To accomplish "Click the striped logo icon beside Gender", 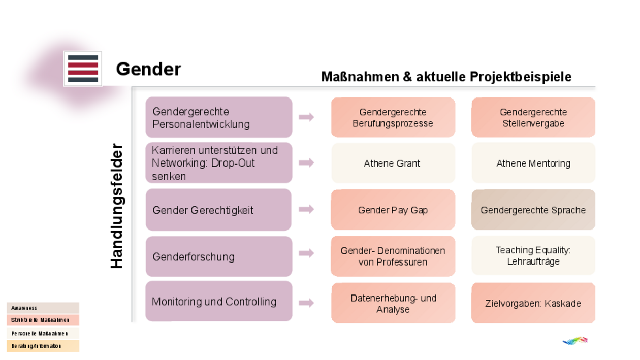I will coord(83,69).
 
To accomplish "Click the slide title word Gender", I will coord(148,69).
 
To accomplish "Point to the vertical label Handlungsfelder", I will coord(117,206).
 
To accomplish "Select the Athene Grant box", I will coord(393,163).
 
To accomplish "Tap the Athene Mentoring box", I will coord(533,163).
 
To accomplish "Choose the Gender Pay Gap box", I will coord(393,210).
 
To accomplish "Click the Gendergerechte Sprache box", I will coord(533,210).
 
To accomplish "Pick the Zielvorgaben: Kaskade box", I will coord(533,303).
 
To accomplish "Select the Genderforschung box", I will coord(219,256).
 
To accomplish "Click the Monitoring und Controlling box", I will coord(219,302).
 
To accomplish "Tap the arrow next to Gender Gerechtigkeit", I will coord(306,209).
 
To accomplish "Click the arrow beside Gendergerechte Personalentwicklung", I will coord(306,117).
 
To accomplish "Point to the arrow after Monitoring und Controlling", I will coord(306,303).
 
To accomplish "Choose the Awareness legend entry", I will coord(43,308).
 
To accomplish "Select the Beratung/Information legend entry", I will coord(43,346).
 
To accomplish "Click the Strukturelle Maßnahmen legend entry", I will coord(43,320).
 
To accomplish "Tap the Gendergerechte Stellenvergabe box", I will coord(533,117).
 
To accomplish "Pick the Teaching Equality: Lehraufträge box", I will coord(533,255).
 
